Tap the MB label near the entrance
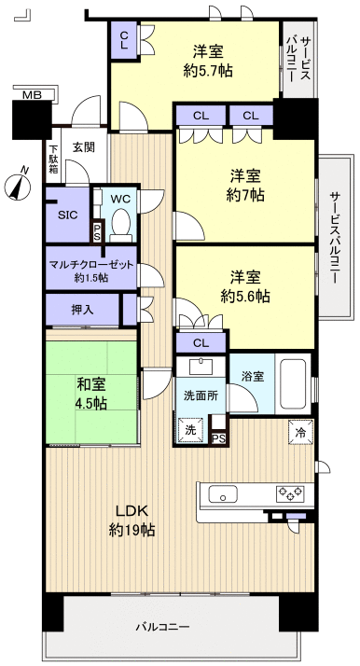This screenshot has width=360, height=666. point(32,94)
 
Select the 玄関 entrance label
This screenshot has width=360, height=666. point(84,146)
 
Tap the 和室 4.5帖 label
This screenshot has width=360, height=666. point(90,392)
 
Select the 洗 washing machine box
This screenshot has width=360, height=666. point(190,431)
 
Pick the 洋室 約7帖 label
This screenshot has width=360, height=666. point(247,184)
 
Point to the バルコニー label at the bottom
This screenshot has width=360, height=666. point(168,626)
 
